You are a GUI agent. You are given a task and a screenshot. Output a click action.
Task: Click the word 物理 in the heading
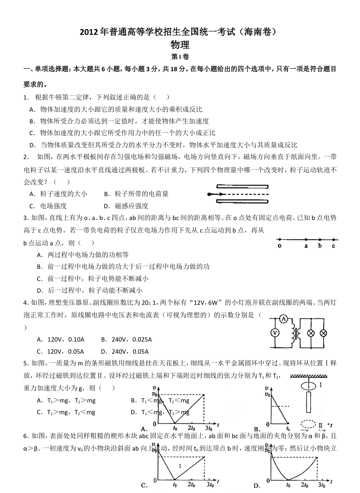180,45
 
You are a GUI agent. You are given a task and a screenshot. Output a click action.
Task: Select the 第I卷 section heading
180,57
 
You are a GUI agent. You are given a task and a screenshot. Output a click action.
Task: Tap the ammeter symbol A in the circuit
283,320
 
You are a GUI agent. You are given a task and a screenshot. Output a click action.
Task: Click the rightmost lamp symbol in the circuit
323,333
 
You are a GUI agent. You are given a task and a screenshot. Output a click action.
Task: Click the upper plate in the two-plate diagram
242,187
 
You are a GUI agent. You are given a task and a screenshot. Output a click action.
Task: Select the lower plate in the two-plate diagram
242,201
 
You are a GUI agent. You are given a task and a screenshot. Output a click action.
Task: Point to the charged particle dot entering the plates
210,194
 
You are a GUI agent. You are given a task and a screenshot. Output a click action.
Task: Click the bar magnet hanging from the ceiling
308,402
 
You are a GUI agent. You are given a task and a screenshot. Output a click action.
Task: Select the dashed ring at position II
308,424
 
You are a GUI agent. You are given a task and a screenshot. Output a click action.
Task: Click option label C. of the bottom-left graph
144,485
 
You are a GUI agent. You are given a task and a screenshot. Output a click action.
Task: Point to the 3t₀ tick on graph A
208,428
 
